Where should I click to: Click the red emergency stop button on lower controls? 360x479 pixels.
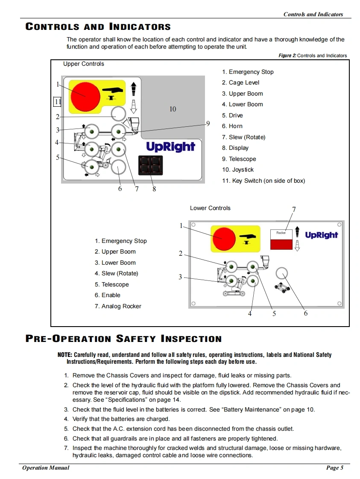pyautogui.click(x=224, y=239)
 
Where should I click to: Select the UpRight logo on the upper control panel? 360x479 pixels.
pyautogui.click(x=170, y=147)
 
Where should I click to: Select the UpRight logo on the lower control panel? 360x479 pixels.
pyautogui.click(x=321, y=235)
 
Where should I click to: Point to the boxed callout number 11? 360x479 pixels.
pyautogui.click(x=58, y=102)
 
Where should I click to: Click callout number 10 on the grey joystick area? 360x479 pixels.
pyautogui.click(x=173, y=109)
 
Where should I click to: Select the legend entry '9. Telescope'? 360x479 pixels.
pyautogui.click(x=239, y=159)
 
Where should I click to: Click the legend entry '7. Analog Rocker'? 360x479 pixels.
pyautogui.click(x=118, y=306)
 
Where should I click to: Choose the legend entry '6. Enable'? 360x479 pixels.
pyautogui.click(x=108, y=295)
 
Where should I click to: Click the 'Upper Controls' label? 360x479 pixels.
pyautogui.click(x=84, y=64)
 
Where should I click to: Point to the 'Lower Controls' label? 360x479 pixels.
pyautogui.click(x=210, y=208)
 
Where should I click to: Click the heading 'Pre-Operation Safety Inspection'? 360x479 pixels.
pyautogui.click(x=124, y=339)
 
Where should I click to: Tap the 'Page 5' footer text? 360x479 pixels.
pyautogui.click(x=334, y=468)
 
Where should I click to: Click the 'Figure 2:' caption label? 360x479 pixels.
pyautogui.click(x=287, y=55)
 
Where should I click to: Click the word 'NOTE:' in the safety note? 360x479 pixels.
pyautogui.click(x=65, y=355)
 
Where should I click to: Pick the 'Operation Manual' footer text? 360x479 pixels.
pyautogui.click(x=46, y=468)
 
